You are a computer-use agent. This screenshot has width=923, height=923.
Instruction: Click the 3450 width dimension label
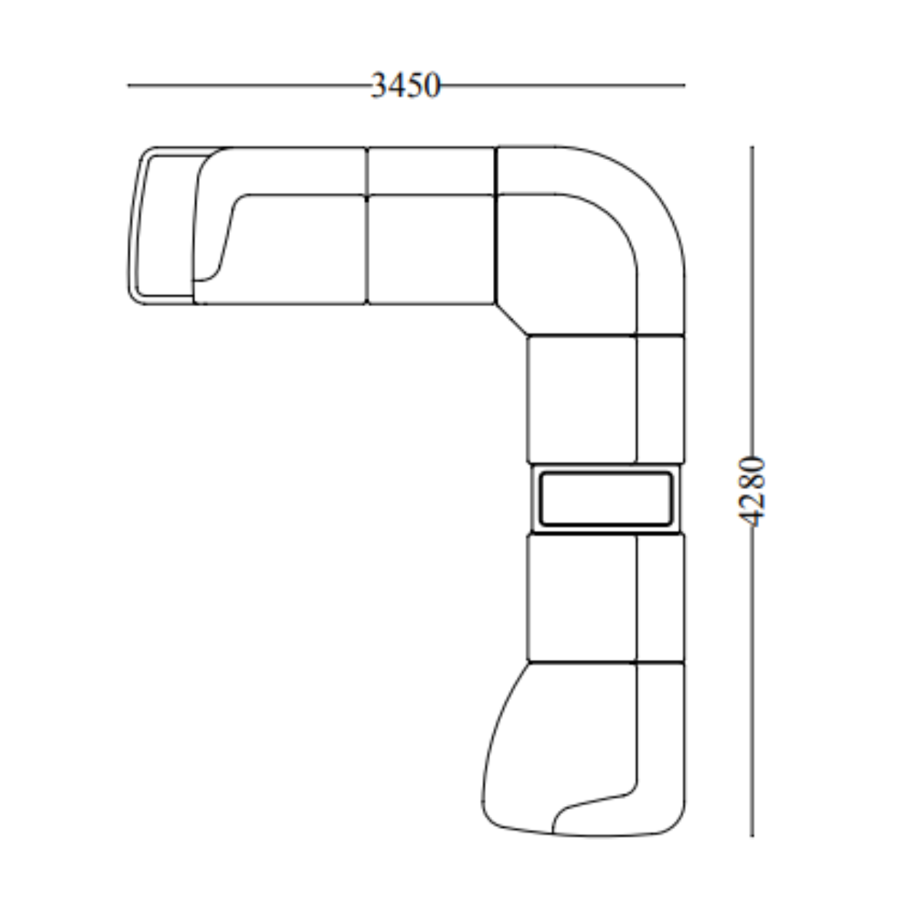pos(405,85)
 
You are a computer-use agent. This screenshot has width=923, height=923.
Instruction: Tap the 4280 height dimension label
pos(751,492)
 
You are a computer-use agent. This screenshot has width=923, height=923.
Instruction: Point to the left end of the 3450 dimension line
pos(128,85)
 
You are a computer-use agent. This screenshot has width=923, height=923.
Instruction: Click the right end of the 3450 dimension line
pos(685,85)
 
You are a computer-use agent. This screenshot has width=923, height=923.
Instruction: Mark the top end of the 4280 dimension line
pos(751,146)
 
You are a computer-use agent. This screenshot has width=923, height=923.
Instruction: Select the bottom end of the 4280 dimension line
pos(751,836)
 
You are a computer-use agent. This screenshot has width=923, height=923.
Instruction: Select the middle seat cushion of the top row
pos(431,249)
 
